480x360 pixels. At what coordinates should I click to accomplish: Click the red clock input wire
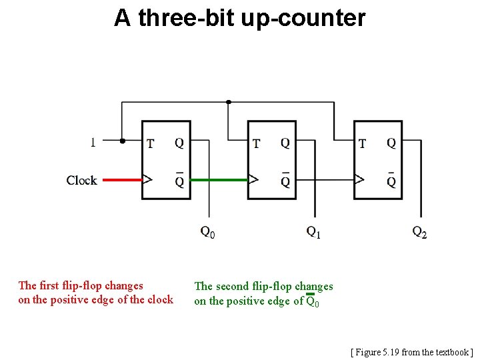pos(120,179)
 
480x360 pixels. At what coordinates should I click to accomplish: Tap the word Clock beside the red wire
pos(81,180)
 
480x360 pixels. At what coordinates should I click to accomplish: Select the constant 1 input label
pos(93,141)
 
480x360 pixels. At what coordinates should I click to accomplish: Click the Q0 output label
pos(207,232)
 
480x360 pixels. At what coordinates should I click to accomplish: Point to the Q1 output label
pos(313,232)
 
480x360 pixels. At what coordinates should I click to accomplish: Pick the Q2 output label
pos(419,232)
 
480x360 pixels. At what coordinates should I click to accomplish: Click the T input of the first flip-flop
pos(150,143)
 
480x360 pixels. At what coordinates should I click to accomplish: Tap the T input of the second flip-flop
pos(256,143)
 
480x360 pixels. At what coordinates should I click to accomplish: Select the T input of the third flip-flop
pos(362,143)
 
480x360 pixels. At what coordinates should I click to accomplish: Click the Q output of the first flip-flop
pos(179,143)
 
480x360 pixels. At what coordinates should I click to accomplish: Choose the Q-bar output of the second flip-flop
pos(285,181)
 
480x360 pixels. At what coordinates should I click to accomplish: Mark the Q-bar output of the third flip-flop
pos(391,181)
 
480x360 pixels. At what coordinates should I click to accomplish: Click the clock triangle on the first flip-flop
pos(147,179)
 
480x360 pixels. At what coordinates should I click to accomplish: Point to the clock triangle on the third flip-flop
pos(359,179)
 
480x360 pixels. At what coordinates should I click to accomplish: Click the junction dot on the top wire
pos(229,102)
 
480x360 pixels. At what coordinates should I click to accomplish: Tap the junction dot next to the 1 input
pos(122,141)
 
